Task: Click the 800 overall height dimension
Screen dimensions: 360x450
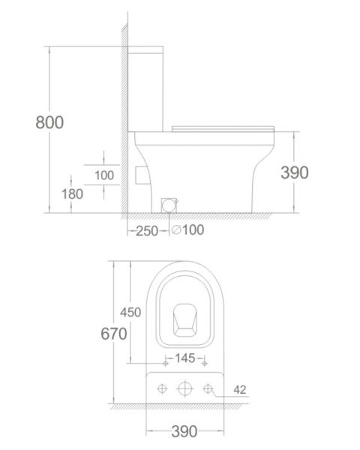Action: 49,122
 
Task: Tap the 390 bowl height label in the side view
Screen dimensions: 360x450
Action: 295,172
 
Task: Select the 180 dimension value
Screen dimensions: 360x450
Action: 72,194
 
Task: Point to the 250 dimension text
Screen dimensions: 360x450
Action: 147,231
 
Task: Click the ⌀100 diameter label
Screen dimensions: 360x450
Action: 188,230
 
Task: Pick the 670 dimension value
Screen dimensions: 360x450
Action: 114,334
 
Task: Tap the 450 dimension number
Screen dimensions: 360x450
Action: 130,312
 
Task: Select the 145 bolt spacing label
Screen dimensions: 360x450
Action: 185,358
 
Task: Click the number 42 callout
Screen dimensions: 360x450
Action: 240,390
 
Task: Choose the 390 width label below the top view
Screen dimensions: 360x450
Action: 184,431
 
